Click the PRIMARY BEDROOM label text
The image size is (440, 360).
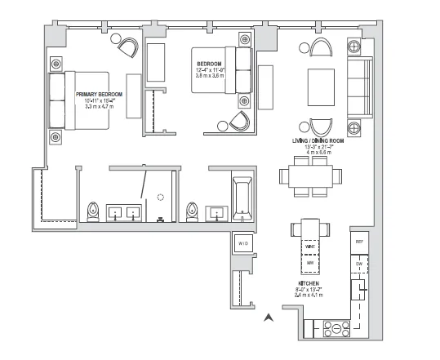click(x=99, y=95)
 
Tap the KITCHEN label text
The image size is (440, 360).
click(x=310, y=283)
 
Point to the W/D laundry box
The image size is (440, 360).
click(x=243, y=243)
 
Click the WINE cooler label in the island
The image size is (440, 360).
click(x=310, y=246)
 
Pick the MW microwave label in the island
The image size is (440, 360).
click(x=310, y=264)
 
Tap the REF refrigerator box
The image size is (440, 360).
click(x=358, y=243)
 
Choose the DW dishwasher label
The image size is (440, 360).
click(x=358, y=264)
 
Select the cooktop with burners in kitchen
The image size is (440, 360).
click(x=334, y=329)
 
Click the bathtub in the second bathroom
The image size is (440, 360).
click(x=243, y=198)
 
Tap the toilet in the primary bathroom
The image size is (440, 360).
click(x=93, y=211)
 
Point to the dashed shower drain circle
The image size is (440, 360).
click(x=160, y=197)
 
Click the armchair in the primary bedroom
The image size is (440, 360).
click(x=128, y=47)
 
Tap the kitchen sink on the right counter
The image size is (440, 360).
click(x=358, y=290)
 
